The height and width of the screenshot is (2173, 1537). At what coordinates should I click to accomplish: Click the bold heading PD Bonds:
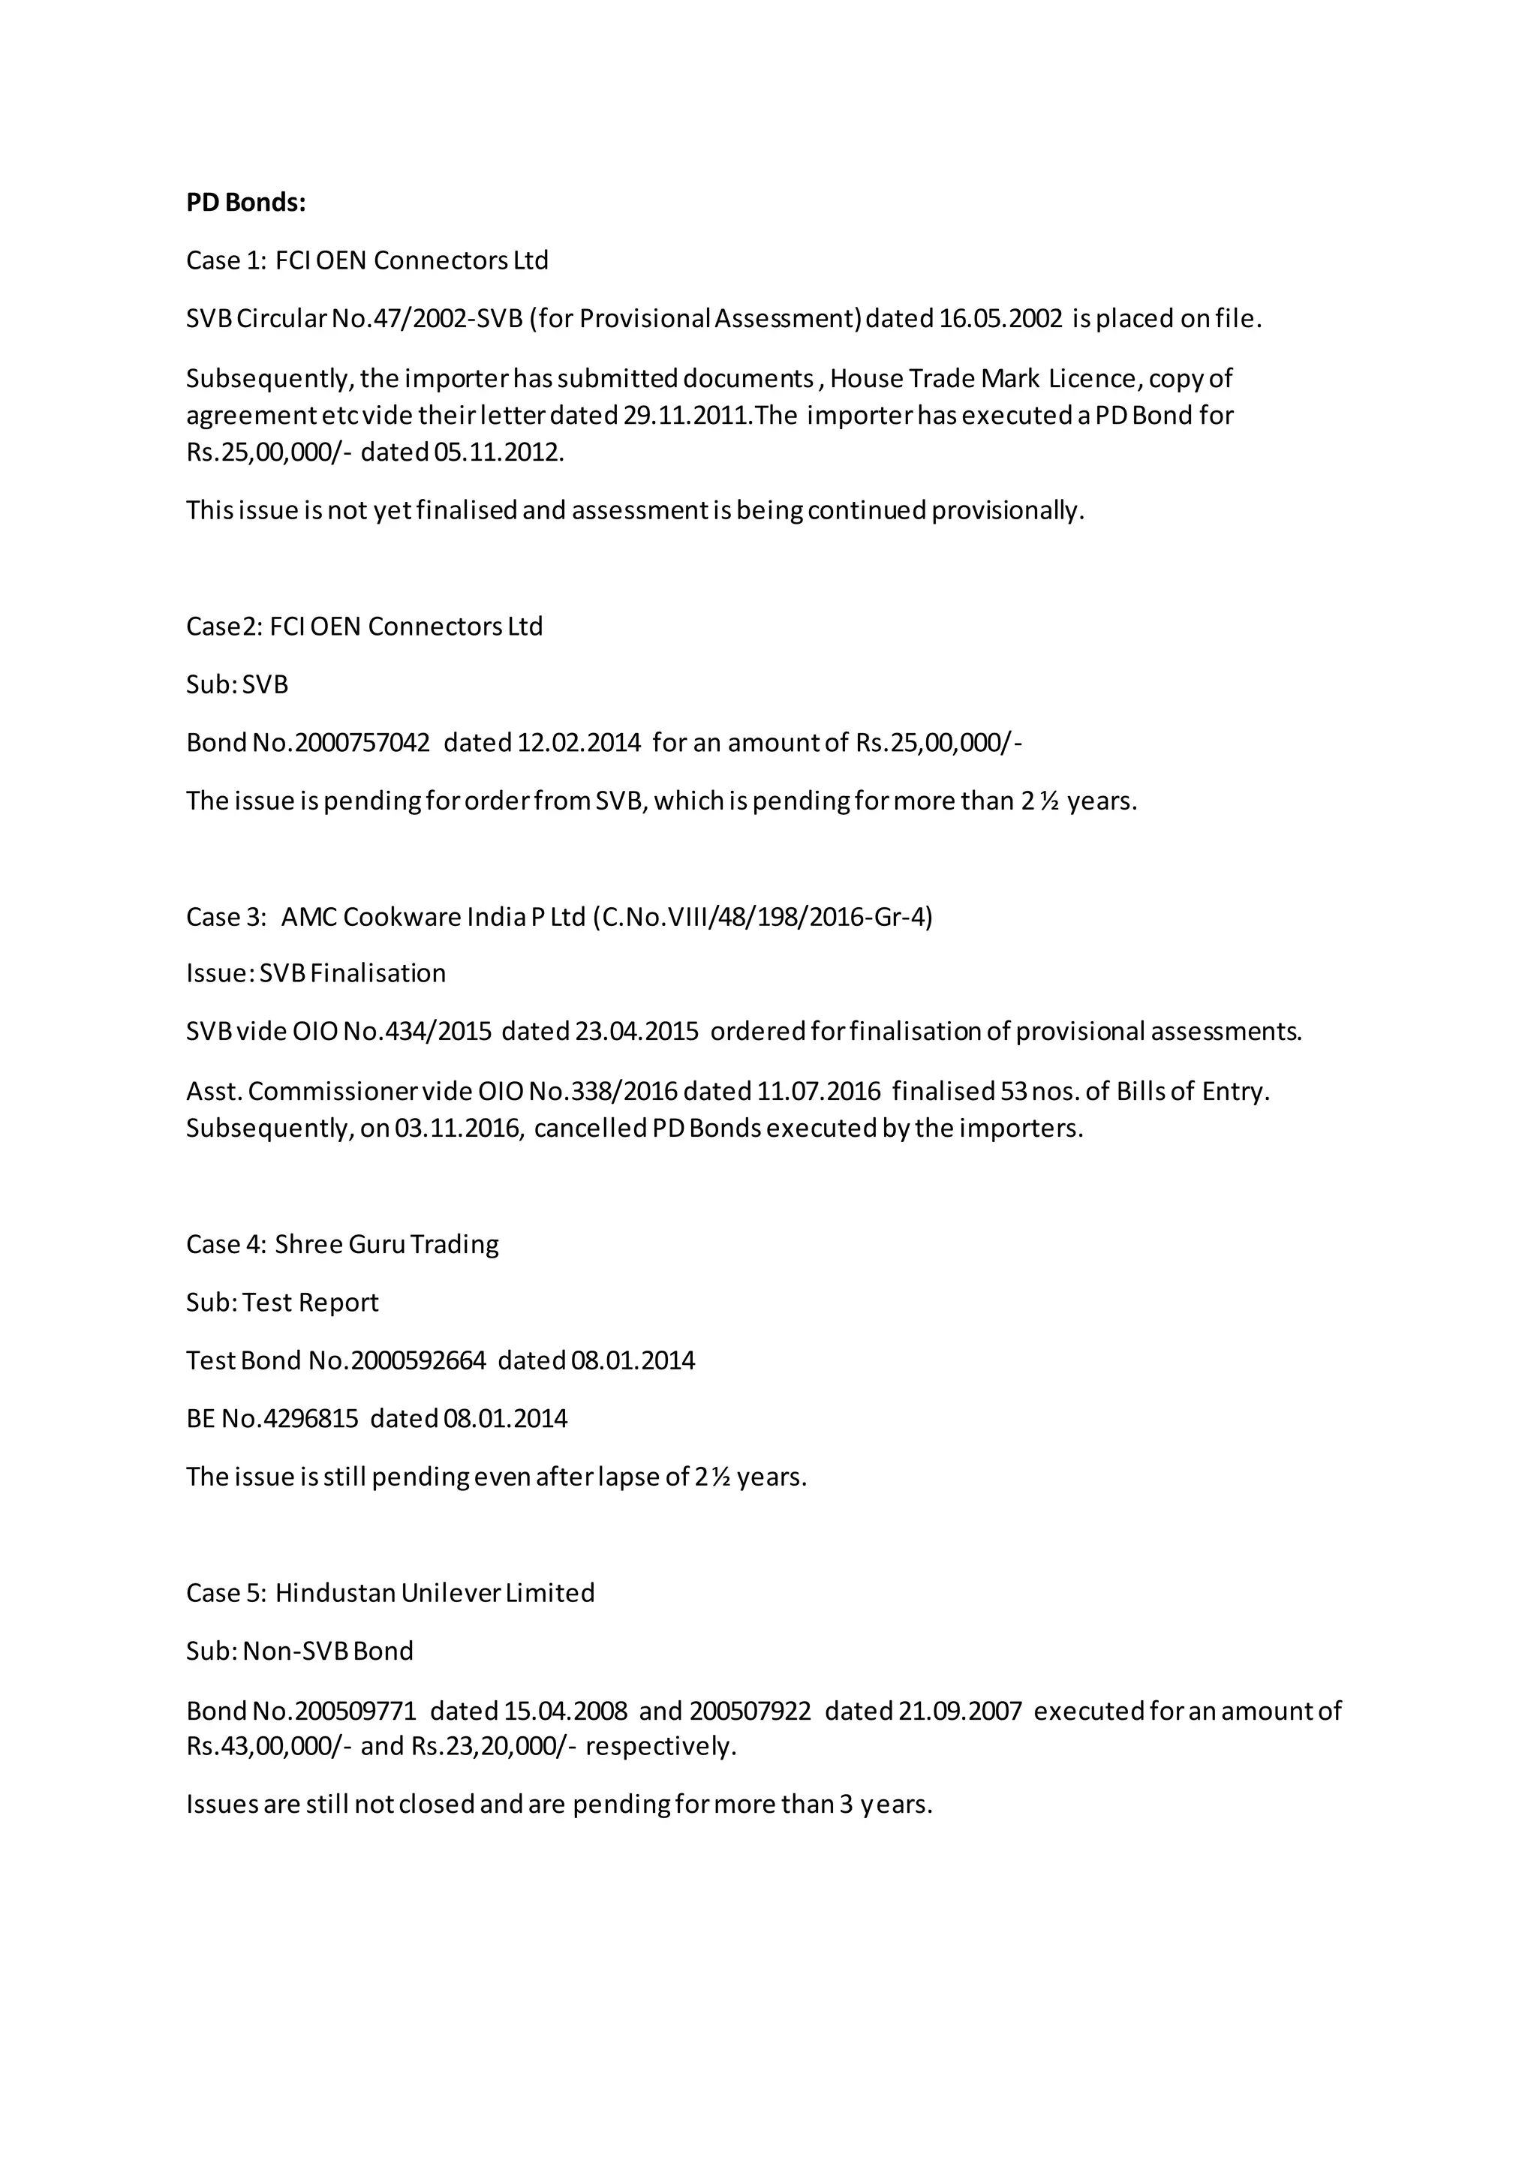(246, 203)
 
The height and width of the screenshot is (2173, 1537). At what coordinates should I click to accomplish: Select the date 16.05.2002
(1001, 319)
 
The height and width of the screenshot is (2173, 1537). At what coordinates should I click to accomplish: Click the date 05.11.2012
(498, 452)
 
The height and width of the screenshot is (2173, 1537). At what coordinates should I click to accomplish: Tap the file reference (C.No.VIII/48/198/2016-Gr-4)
(762, 917)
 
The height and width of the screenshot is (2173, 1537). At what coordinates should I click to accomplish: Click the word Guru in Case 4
(377, 1245)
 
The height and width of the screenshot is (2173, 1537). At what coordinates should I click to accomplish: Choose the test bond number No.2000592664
(396, 1361)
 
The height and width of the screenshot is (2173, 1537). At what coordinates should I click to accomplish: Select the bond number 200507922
(750, 1711)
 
